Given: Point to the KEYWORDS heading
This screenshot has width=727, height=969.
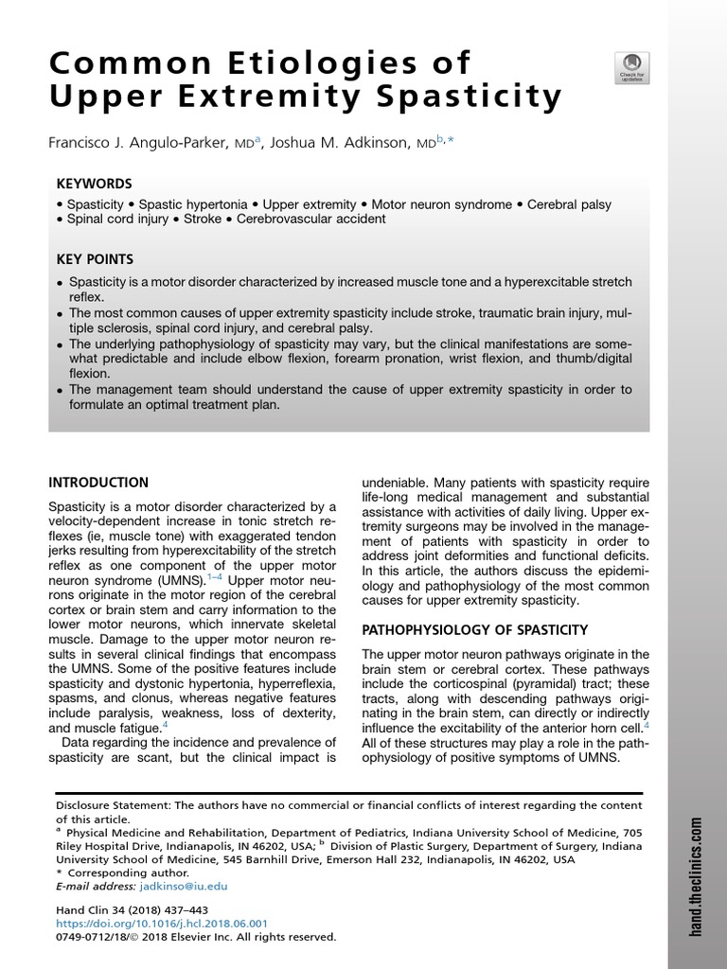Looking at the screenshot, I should pos(94,184).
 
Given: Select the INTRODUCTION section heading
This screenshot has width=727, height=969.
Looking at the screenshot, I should pos(98,483).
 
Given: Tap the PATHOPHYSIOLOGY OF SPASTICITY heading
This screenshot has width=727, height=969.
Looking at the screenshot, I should pos(476,630).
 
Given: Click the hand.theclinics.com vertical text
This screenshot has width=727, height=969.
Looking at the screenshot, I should pos(697,875).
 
